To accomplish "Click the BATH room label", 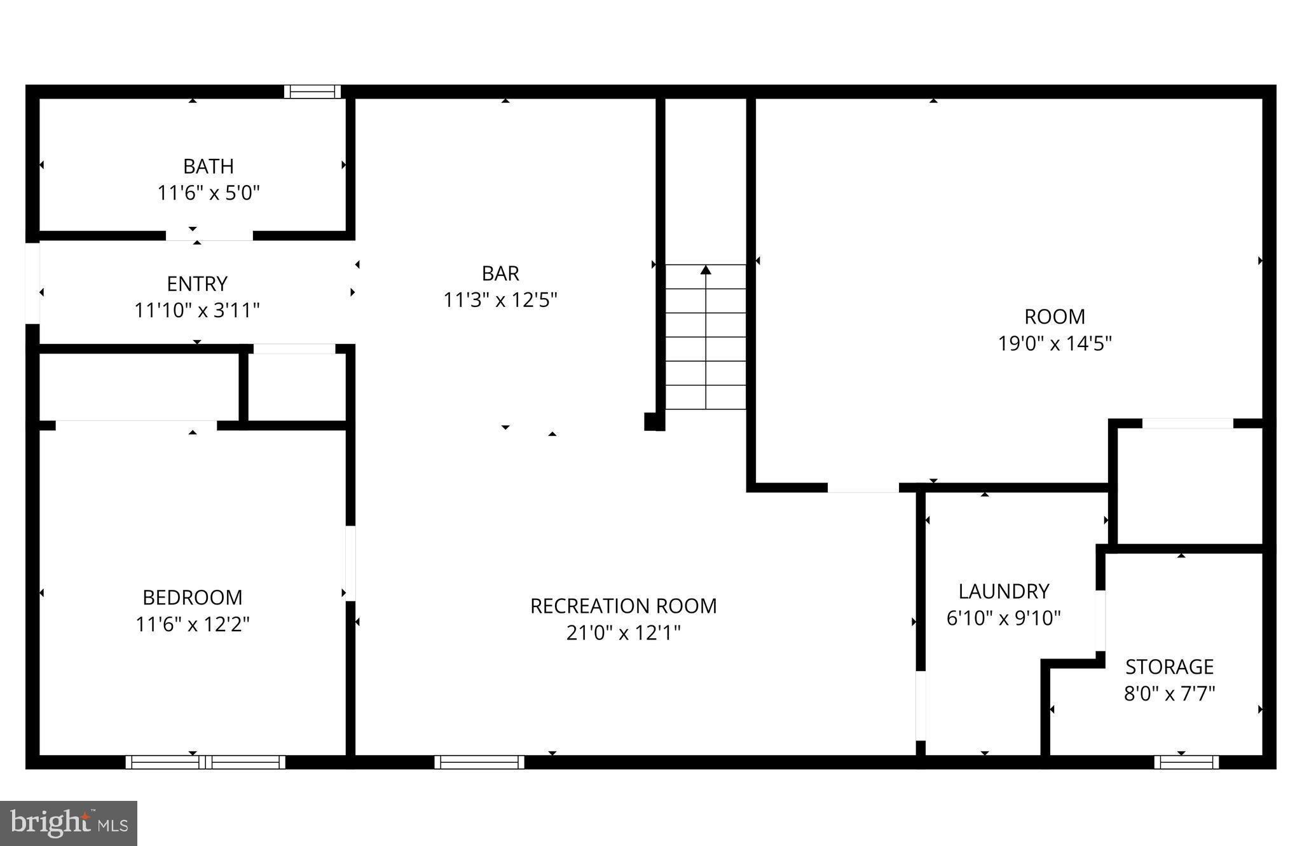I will (x=209, y=167).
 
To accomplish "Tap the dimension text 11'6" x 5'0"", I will (x=209, y=193).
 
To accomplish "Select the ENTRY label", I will (x=197, y=283).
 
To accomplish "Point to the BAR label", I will (x=500, y=273).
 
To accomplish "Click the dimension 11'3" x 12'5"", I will (x=500, y=300).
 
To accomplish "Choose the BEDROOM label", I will (x=193, y=597).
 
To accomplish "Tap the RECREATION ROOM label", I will (x=623, y=606).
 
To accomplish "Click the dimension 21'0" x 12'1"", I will (x=623, y=633).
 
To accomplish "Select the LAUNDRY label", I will (x=1004, y=592).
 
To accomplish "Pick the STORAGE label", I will (x=1170, y=667).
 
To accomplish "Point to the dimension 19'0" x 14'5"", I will (x=1055, y=344).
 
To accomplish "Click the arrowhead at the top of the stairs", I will (x=706, y=270).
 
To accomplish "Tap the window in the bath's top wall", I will (x=312, y=92).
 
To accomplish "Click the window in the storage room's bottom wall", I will (x=1186, y=761).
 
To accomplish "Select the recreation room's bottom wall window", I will (x=479, y=761).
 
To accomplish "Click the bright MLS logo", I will (x=69, y=823).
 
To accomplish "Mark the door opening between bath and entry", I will (x=209, y=236).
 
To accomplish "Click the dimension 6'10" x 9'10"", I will (x=1004, y=618).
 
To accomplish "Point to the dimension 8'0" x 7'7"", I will (x=1170, y=693).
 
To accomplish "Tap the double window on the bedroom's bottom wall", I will (x=205, y=761).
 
